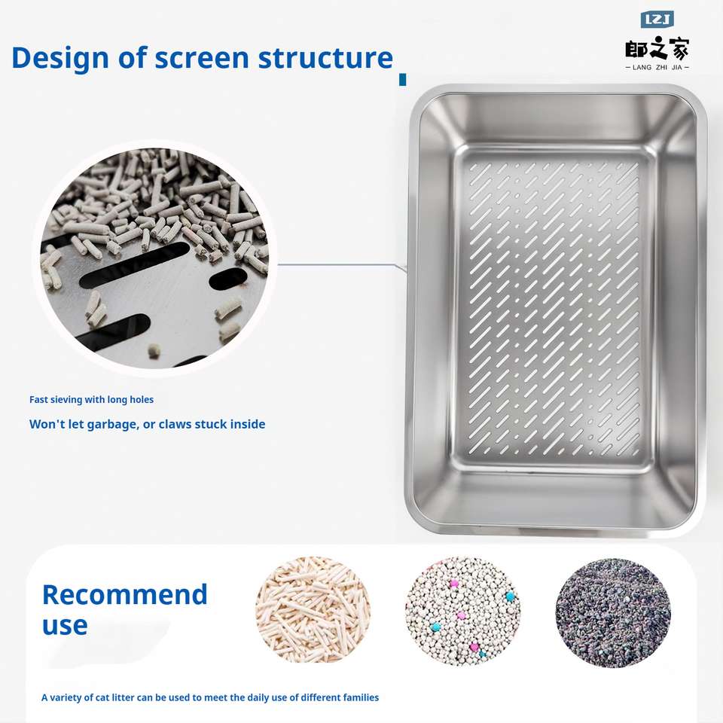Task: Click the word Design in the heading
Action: [61, 59]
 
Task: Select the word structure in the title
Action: [325, 59]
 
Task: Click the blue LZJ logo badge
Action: [657, 20]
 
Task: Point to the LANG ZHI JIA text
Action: [657, 67]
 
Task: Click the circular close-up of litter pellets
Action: [154, 258]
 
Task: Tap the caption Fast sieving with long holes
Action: [91, 400]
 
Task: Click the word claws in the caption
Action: [175, 424]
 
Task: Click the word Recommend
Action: [124, 595]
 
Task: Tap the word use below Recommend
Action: [65, 626]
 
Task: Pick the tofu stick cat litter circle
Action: [313, 609]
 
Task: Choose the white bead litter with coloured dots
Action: [463, 611]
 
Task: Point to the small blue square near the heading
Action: [402, 80]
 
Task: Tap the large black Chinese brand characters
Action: [657, 48]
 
